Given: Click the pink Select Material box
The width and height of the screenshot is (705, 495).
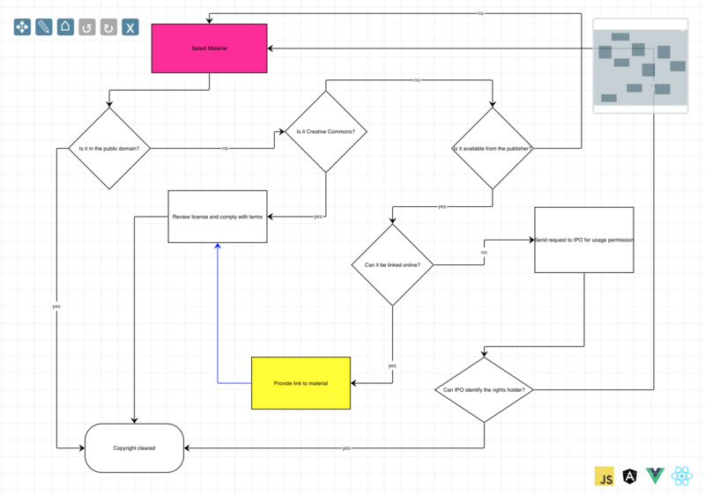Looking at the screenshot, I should [209, 48].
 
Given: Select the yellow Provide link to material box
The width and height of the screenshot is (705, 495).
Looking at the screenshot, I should [301, 383].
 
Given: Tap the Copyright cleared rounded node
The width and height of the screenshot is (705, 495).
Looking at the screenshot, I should [134, 448].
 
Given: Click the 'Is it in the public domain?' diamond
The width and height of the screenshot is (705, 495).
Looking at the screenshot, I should [109, 148].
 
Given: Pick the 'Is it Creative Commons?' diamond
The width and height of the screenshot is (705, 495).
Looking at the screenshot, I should [326, 132].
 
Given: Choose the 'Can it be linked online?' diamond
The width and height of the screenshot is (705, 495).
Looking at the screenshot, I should [392, 265].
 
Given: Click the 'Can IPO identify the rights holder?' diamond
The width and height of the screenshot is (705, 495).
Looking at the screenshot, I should [485, 389].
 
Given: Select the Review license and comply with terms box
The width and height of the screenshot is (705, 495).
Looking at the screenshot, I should [218, 216].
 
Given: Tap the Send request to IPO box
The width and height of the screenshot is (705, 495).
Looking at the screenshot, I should [583, 240].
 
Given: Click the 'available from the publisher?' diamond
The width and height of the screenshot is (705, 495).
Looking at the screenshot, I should [493, 148].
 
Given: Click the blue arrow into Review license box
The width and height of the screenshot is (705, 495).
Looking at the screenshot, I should [217, 308].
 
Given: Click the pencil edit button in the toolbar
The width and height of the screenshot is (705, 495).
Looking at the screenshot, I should [44, 27].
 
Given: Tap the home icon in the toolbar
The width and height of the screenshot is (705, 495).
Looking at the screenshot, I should [65, 27].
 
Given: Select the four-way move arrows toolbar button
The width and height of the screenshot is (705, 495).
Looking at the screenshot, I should [22, 27].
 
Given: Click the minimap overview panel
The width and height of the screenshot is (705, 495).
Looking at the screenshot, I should [640, 66].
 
